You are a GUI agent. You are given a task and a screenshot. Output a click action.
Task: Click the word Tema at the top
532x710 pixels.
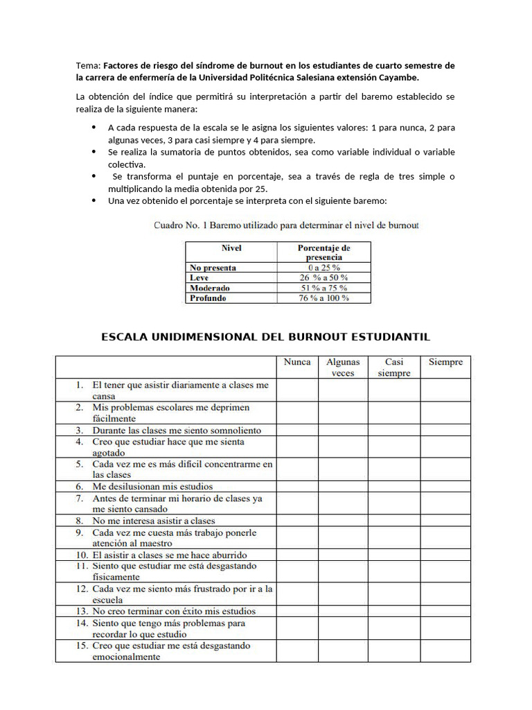88,66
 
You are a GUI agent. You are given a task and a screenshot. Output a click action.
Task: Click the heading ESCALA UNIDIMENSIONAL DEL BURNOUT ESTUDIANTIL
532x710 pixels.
266,337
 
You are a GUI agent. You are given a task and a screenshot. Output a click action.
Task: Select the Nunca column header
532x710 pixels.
297,362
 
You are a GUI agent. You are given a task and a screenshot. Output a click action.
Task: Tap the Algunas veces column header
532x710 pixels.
343,367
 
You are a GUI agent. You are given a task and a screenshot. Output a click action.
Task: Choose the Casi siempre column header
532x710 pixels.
393,367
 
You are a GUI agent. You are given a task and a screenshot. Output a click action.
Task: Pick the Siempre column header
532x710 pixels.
445,362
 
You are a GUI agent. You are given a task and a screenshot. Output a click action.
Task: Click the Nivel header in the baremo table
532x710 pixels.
231,248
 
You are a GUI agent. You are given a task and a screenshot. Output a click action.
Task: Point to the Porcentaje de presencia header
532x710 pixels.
323,252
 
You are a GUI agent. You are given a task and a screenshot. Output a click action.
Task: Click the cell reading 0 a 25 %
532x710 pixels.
323,268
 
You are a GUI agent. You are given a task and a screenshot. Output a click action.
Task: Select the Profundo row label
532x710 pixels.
208,298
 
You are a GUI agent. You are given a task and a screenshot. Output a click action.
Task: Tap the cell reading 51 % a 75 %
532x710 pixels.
323,288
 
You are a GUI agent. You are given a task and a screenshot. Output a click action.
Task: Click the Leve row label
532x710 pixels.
199,277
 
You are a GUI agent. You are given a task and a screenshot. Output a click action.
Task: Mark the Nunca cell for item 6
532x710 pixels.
297,487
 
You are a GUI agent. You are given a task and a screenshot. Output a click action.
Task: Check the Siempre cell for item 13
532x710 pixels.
445,611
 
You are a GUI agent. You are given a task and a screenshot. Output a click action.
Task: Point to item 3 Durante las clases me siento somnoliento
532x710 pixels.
177,430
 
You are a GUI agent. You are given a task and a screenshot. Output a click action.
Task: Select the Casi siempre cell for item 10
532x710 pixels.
393,555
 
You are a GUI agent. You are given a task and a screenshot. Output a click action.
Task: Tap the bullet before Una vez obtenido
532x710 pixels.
94,200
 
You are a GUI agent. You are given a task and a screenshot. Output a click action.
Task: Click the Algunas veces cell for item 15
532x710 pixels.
343,650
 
